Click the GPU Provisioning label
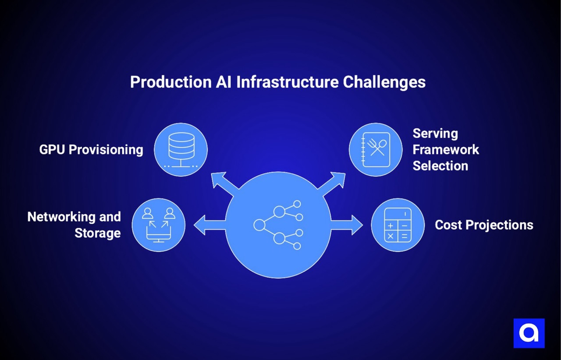[x=91, y=150]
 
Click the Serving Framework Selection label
[x=446, y=150]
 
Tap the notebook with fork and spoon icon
[x=376, y=150]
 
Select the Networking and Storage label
[x=74, y=225]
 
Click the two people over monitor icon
[x=159, y=225]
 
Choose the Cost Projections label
[x=484, y=225]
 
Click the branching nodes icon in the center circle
[x=279, y=225]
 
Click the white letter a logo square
[x=529, y=333]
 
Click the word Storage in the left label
[x=97, y=233]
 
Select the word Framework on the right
[x=446, y=150]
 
